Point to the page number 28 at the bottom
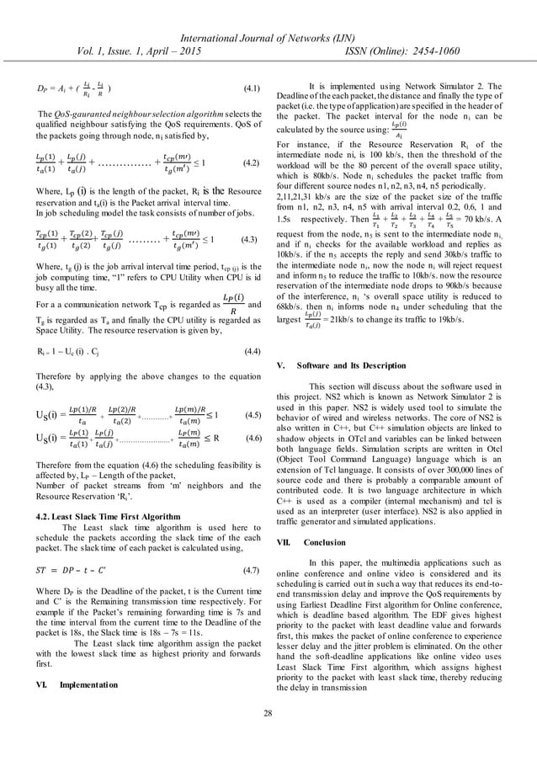coord(268,737)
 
